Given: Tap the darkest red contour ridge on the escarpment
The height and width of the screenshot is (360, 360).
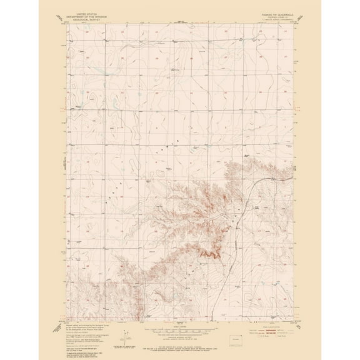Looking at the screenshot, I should (209, 253).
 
